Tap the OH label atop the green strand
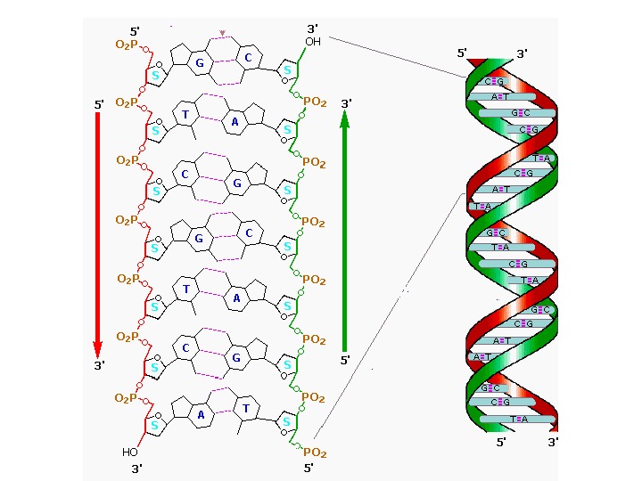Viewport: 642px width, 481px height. tap(313, 42)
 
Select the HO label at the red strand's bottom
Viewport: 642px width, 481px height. tap(129, 452)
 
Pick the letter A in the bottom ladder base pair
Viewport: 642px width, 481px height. tap(202, 415)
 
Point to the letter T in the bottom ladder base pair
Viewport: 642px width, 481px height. tap(247, 407)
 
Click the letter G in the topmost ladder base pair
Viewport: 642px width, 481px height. tap(201, 63)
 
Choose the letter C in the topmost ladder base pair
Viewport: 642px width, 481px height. tap(249, 58)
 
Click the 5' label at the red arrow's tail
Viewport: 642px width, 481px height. tap(99, 105)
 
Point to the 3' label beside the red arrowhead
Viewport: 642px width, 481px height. tap(99, 364)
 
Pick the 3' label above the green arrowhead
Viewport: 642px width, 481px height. tap(346, 103)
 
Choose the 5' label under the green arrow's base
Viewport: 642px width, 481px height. tap(345, 361)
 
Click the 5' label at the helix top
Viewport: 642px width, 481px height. tap(463, 53)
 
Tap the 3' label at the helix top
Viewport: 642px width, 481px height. tap(522, 53)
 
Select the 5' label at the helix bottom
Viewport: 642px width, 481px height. tap(501, 441)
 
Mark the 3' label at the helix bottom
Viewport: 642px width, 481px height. tap(554, 441)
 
